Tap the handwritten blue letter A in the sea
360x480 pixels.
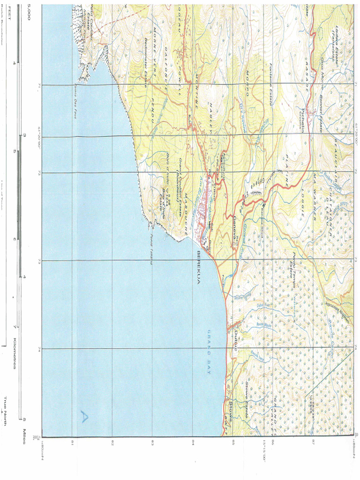point(84,416)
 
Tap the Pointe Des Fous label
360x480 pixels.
point(75,101)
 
